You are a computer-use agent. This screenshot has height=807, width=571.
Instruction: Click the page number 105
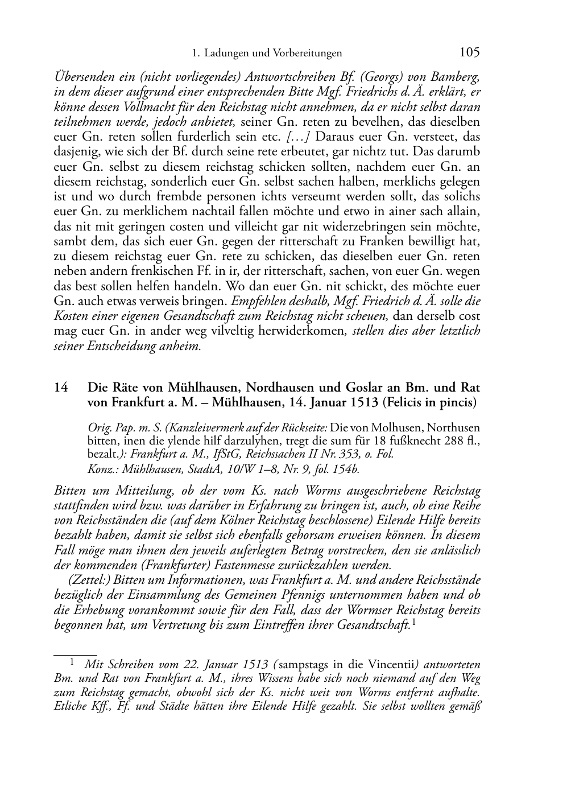click(x=469, y=52)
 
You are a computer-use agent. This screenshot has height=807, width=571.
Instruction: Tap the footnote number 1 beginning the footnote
click(x=72, y=662)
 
